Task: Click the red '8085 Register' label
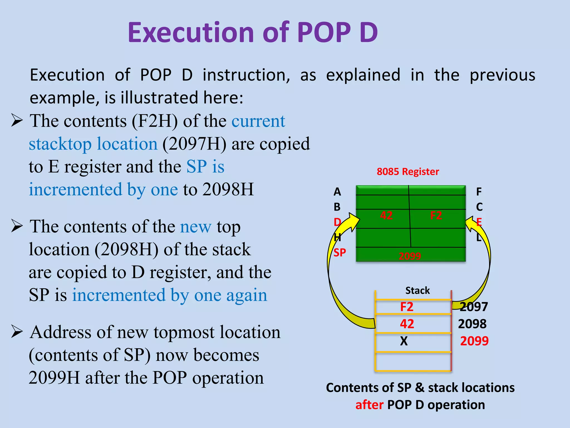click(x=408, y=172)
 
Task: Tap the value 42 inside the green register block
click(x=386, y=215)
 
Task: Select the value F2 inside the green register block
click(x=436, y=215)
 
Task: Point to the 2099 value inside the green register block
click(x=410, y=256)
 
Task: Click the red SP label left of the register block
click(x=340, y=253)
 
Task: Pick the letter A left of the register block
click(x=337, y=192)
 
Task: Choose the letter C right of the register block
click(x=479, y=207)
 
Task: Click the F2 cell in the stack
click(x=407, y=307)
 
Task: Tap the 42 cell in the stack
click(x=407, y=324)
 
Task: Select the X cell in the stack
click(x=404, y=341)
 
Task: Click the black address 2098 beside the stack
click(x=472, y=324)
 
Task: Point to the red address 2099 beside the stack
click(x=474, y=341)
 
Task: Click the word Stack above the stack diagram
click(x=417, y=291)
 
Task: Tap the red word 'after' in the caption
click(x=369, y=405)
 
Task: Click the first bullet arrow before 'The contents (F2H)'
click(x=17, y=120)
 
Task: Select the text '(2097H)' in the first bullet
click(x=194, y=144)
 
